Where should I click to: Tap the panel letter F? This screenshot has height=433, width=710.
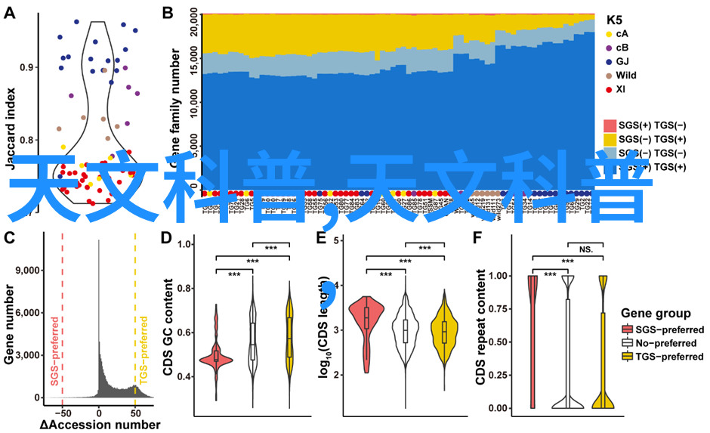point(477,237)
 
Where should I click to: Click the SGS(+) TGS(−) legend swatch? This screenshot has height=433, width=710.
point(610,125)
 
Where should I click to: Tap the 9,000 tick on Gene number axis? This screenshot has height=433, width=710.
point(28,270)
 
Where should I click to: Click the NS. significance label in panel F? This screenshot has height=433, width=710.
point(586,248)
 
